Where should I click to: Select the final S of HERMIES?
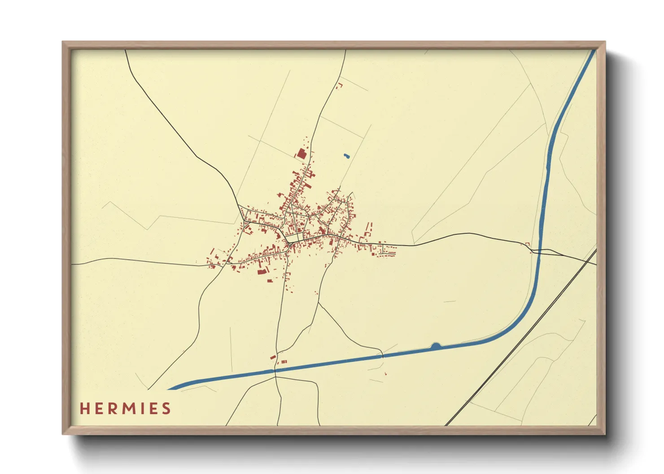166,409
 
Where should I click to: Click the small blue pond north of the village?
346,156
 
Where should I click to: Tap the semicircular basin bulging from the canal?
436,346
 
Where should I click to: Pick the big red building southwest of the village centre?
262,271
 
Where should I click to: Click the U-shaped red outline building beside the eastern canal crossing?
528,244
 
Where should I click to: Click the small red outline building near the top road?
340,85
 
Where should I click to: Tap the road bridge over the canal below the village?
276,371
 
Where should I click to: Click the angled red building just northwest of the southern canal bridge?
273,357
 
